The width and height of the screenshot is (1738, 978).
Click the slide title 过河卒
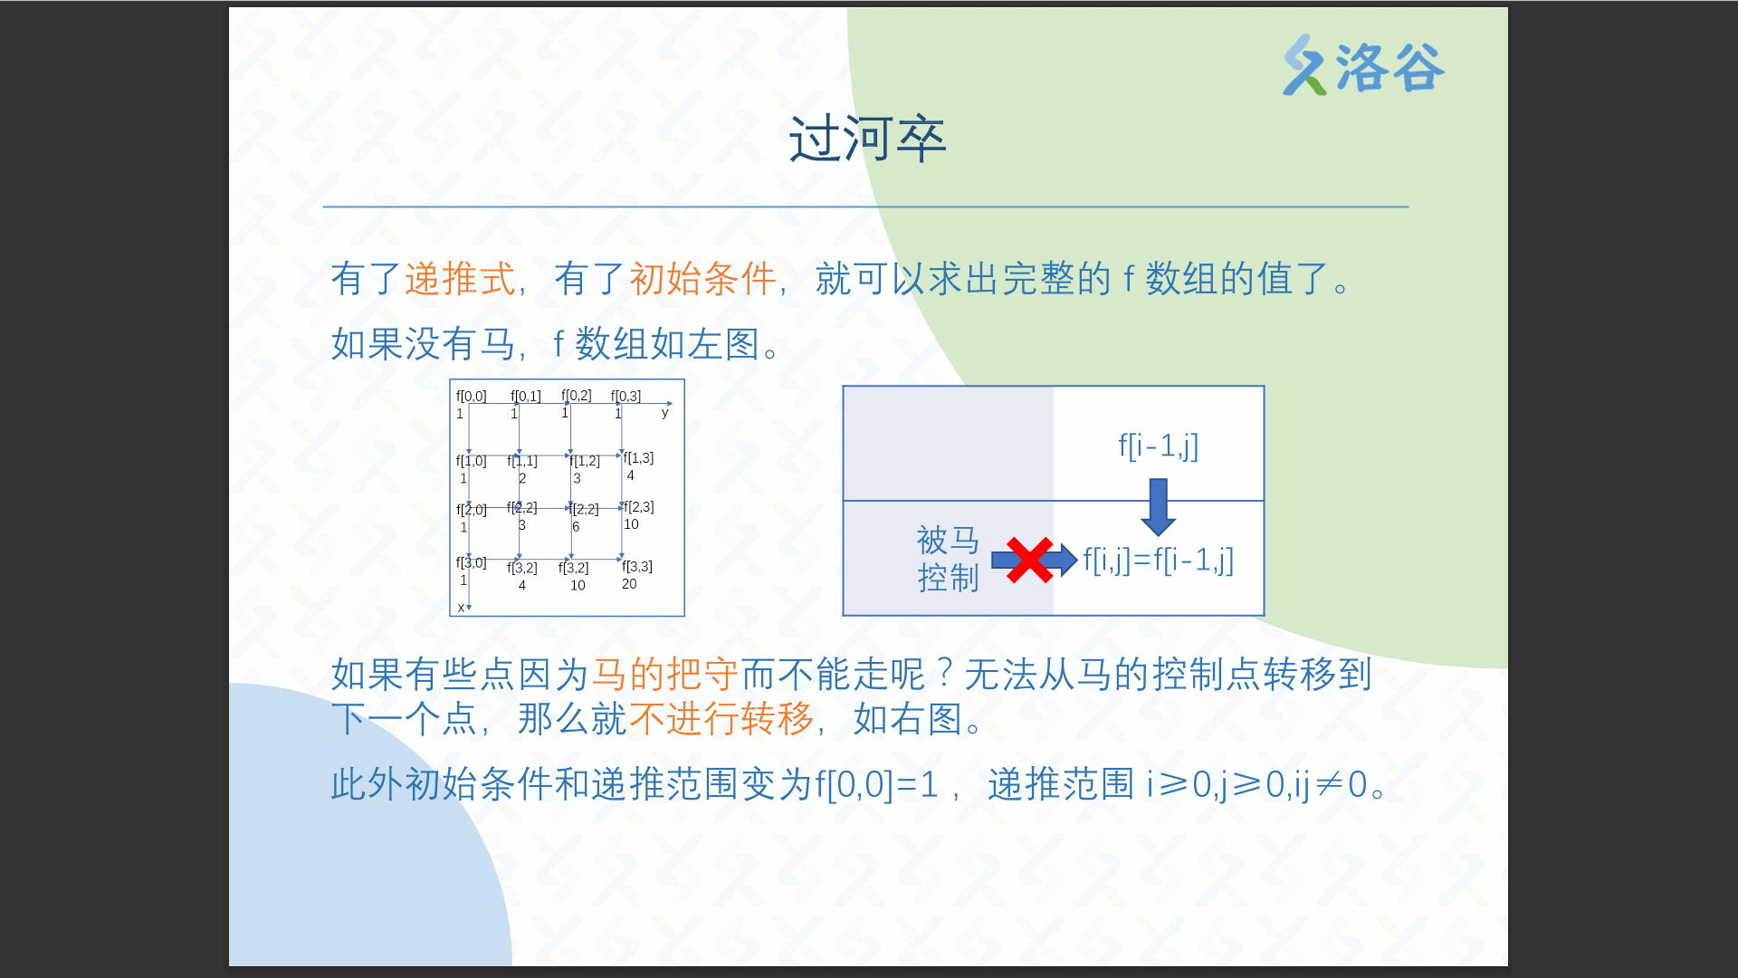point(867,139)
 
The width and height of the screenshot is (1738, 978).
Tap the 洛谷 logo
point(1363,65)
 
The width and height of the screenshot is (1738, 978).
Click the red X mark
point(1029,561)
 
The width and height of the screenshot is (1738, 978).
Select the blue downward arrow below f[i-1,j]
point(1158,507)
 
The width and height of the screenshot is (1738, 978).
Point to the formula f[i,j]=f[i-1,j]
point(1159,561)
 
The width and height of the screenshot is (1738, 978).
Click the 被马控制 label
point(948,559)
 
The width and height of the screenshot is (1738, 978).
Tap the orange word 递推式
point(460,278)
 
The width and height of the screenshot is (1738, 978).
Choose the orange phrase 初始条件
point(702,278)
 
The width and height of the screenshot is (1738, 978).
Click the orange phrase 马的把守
point(665,675)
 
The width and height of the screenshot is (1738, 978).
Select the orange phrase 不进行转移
point(721,719)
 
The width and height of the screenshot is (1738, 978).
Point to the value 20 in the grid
point(629,584)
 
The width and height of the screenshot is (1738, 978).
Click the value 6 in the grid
point(576,526)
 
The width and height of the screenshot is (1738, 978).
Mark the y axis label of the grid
point(665,413)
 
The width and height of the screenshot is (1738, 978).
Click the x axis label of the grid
point(462,608)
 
